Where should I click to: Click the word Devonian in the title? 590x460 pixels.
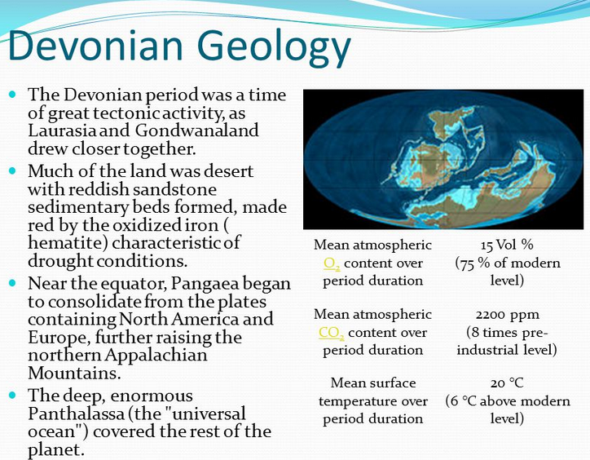point(95,45)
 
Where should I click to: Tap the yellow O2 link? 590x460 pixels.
point(332,263)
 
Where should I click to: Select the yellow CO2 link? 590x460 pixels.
point(332,333)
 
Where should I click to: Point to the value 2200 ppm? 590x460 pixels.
point(507,315)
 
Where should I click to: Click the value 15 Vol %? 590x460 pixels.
point(507,245)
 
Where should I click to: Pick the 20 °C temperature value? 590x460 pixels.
point(507,383)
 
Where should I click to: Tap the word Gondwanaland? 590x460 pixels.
point(196,130)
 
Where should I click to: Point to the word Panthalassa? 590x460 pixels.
point(76,414)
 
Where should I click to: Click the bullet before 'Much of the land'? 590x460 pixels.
point(12,170)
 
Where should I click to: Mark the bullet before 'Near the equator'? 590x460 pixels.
point(12,283)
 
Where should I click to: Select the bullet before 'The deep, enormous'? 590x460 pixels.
point(12,396)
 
